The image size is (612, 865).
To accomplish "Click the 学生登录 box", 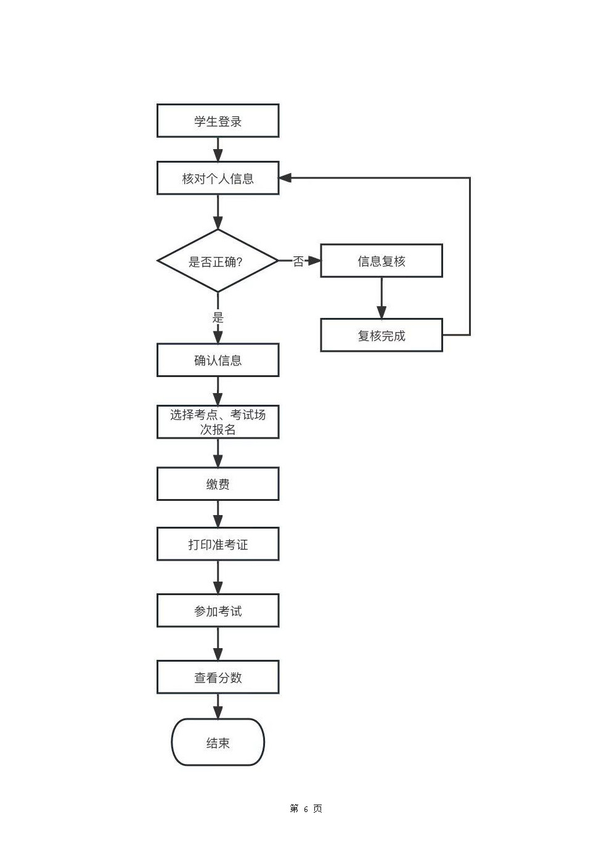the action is tap(218, 121).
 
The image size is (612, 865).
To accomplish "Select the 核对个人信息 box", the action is tap(218, 178).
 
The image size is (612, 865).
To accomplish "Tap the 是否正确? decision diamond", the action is tap(218, 261).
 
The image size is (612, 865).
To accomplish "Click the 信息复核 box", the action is tap(381, 261).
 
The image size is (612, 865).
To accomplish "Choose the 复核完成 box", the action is tap(381, 335).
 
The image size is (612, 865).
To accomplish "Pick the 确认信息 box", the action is tap(218, 360).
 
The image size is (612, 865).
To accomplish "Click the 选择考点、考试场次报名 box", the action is tap(218, 421).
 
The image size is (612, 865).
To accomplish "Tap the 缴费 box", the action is tap(218, 484).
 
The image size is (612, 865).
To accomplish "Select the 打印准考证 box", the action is tap(218, 544).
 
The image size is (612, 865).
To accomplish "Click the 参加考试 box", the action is tap(218, 611).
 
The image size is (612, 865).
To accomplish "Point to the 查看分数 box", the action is tap(218, 677).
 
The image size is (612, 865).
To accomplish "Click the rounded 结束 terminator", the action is tap(218, 742).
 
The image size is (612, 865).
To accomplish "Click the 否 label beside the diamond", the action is tap(298, 261).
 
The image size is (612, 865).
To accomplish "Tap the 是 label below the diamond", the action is tap(218, 317).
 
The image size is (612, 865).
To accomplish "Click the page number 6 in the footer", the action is tap(306, 809).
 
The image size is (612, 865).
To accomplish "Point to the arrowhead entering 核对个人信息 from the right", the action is tap(285, 177).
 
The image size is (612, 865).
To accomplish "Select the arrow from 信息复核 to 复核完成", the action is tap(381, 298).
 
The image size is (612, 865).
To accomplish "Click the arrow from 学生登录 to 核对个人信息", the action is tap(218, 150).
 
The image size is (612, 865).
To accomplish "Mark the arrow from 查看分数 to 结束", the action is tap(218, 706).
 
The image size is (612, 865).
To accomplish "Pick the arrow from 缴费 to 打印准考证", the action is tap(218, 514).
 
